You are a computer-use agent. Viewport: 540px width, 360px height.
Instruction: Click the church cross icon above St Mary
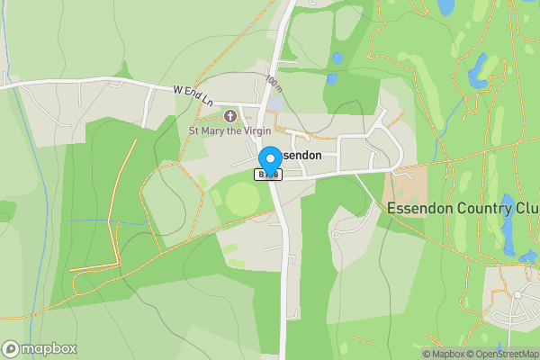pyautogui.click(x=229, y=115)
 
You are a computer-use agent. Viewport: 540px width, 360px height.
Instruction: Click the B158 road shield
pyautogui.click(x=267, y=175)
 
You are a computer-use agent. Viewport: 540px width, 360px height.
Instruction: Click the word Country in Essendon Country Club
pyautogui.click(x=476, y=208)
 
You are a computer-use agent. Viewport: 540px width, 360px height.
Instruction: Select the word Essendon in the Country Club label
pyautogui.click(x=416, y=208)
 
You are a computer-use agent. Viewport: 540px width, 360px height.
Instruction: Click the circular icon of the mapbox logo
pyautogui.click(x=11, y=349)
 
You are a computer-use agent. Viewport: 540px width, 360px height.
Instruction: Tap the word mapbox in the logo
pyautogui.click(x=49, y=349)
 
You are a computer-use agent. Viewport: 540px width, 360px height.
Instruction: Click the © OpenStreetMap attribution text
pyautogui.click(x=503, y=355)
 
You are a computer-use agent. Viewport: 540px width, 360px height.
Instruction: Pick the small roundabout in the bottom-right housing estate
pyautogui.click(x=517, y=294)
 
